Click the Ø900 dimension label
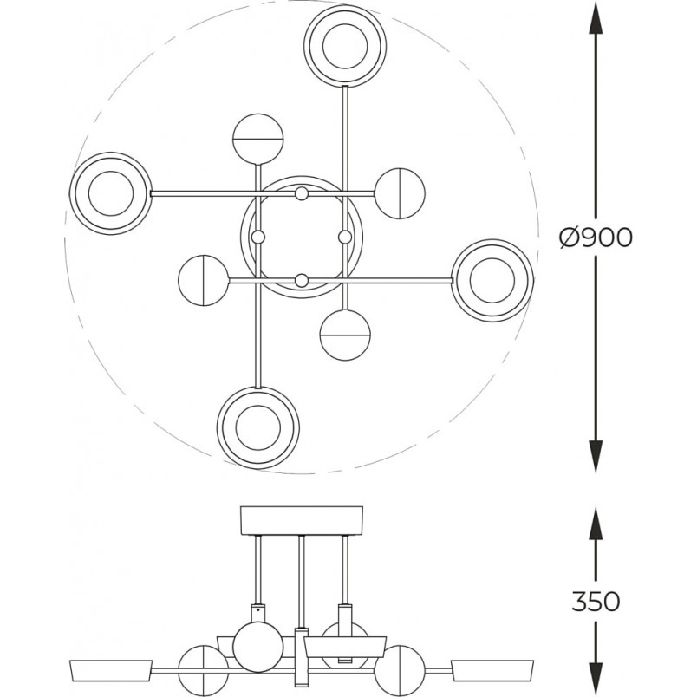596,238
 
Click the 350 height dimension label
596,602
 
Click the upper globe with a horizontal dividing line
257,139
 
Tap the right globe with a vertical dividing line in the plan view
400,193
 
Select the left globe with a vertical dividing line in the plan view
204,281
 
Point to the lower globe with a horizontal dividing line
345,335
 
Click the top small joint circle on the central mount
302,193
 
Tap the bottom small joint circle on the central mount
302,280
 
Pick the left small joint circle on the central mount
258,237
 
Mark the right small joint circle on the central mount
345,237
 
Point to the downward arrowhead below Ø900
596,455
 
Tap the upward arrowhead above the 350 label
596,524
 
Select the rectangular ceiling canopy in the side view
302,520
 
